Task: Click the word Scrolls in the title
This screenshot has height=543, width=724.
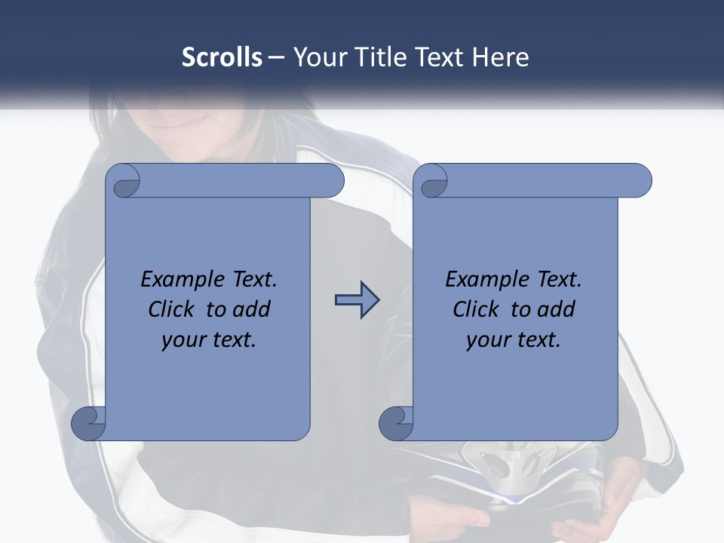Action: pyautogui.click(x=222, y=57)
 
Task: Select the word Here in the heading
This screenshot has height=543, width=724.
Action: pyautogui.click(x=500, y=57)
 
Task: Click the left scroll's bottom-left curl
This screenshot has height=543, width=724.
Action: pyautogui.click(x=88, y=423)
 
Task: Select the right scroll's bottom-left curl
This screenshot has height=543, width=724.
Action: pyautogui.click(x=396, y=423)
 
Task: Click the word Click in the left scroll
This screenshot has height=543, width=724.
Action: pyautogui.click(x=173, y=309)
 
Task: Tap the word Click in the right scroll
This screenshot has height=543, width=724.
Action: pyautogui.click(x=477, y=309)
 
